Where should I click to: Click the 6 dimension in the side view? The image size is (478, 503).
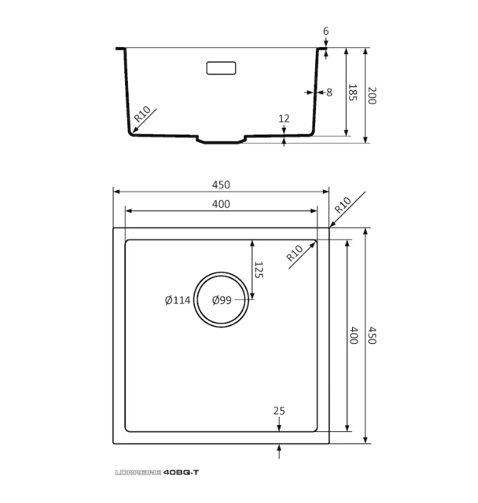click(x=326, y=31)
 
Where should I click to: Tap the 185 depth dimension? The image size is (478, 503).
click(x=353, y=92)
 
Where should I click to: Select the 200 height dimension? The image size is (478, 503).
click(x=372, y=96)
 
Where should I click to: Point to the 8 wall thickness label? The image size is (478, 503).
click(x=330, y=92)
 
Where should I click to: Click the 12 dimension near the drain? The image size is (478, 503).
click(x=284, y=119)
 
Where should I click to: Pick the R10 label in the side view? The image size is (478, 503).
click(x=142, y=114)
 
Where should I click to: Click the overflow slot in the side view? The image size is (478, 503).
click(x=221, y=68)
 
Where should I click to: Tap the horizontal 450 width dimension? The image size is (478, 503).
click(x=221, y=185)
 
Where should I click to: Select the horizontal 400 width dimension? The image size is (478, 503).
click(x=221, y=204)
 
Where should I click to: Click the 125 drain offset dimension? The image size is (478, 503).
click(x=258, y=270)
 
